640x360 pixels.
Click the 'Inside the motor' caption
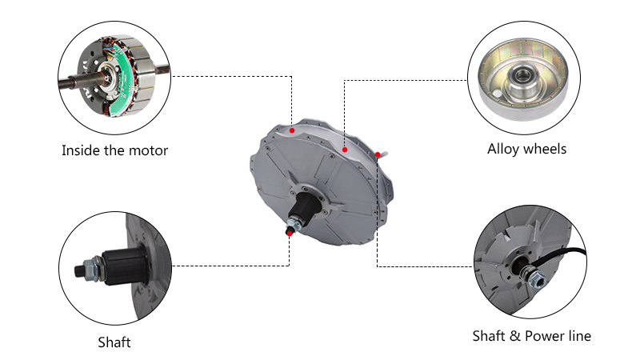click(114, 150)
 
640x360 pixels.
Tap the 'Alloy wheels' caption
click(526, 149)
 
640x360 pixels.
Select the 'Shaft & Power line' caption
click(531, 336)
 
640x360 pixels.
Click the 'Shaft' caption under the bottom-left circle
click(114, 342)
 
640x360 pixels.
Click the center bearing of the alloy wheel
click(522, 75)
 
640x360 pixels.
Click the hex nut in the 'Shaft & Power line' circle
click(535, 278)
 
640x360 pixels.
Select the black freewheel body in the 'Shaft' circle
click(124, 266)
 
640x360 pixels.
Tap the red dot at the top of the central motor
click(292, 130)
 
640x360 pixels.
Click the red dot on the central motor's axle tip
click(290, 234)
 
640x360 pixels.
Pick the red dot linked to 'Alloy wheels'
click(345, 150)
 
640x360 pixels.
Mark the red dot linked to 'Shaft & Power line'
click(378, 154)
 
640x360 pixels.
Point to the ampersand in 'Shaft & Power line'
click(515, 336)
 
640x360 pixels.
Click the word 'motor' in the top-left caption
click(148, 151)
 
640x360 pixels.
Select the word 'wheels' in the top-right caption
click(545, 149)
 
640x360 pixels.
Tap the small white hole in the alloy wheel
click(496, 94)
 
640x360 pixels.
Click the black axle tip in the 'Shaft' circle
click(79, 270)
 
